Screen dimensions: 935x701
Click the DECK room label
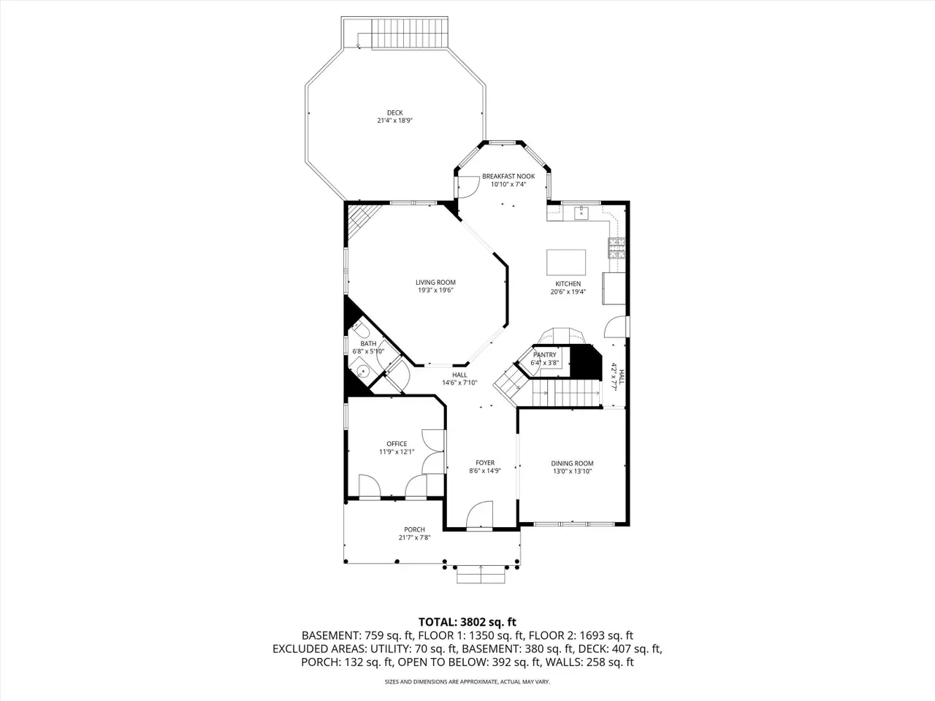pyautogui.click(x=395, y=112)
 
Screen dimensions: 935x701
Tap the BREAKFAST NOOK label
pyautogui.click(x=508, y=176)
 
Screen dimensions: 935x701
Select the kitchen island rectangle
pyautogui.click(x=566, y=263)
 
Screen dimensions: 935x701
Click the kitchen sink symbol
pyautogui.click(x=581, y=212)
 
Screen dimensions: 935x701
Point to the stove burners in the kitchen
pyautogui.click(x=617, y=248)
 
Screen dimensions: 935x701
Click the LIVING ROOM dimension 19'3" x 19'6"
pyautogui.click(x=435, y=291)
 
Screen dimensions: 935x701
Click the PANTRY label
pyautogui.click(x=544, y=355)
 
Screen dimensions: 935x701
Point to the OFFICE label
pyautogui.click(x=397, y=444)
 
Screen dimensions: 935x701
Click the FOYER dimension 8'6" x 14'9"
pyautogui.click(x=485, y=471)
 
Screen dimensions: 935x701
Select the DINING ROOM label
pyautogui.click(x=572, y=464)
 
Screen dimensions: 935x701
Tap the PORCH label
pyautogui.click(x=414, y=529)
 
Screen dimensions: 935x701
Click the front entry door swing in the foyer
pyautogui.click(x=480, y=515)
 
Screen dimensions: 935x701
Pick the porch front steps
pyautogui.click(x=481, y=574)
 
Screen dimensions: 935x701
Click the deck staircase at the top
pyautogui.click(x=410, y=33)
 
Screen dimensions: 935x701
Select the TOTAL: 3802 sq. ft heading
pyautogui.click(x=467, y=622)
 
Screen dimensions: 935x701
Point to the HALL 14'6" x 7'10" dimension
pyautogui.click(x=459, y=383)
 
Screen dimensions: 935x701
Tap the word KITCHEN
pyautogui.click(x=568, y=284)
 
